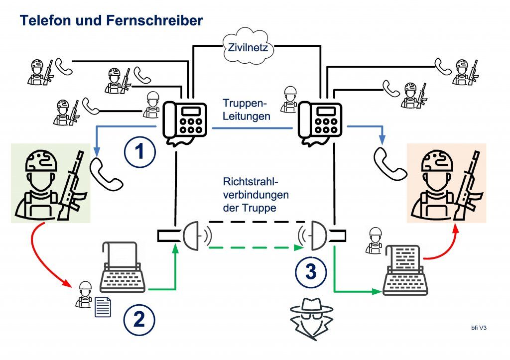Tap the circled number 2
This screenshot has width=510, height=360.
pos(139,319)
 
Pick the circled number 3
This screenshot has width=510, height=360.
pos(310,271)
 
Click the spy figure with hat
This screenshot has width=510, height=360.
pos(312,319)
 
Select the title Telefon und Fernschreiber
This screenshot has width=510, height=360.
pos(111,20)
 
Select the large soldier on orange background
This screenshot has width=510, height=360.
pos(447,183)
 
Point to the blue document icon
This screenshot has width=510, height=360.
pos(103,306)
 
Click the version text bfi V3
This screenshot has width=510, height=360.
pos(479,328)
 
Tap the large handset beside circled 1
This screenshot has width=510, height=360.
pos(106,174)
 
